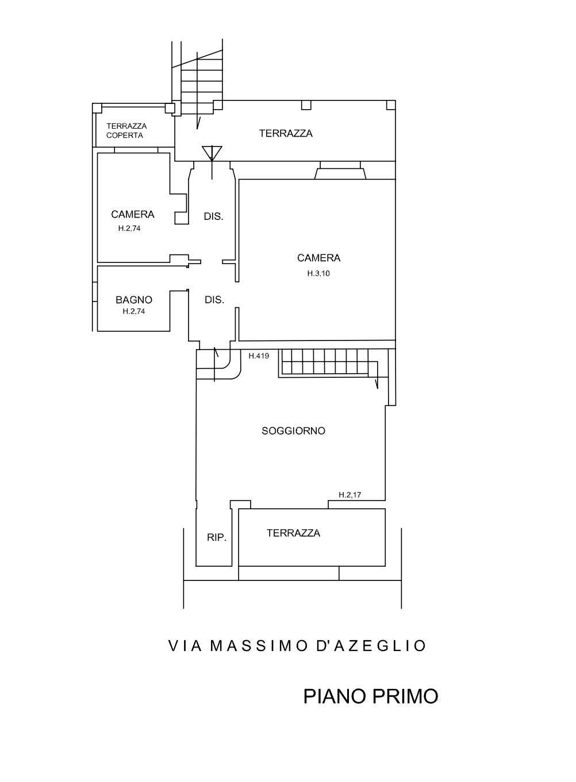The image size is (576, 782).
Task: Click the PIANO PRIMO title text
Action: [x=370, y=696]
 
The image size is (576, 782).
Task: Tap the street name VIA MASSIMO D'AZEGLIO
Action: [x=297, y=646]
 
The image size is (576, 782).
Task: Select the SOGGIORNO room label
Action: [x=293, y=431]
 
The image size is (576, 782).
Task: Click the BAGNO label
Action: [x=133, y=300]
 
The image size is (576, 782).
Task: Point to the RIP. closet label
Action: [x=217, y=538]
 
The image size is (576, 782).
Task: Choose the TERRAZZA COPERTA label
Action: [x=126, y=131]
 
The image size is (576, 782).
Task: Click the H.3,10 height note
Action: [x=318, y=274]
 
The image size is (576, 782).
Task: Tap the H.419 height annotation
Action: [x=259, y=356]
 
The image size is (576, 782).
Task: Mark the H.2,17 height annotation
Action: [x=350, y=494]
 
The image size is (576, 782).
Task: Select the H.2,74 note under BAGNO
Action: [x=133, y=312]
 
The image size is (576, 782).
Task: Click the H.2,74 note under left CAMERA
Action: [x=129, y=228]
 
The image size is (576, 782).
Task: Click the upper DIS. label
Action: [x=213, y=217]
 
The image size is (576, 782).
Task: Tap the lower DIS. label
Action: [x=214, y=300]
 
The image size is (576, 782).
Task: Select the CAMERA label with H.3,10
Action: [x=318, y=258]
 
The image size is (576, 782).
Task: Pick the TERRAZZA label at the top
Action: [x=286, y=133]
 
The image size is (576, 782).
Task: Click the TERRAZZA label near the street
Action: [x=293, y=533]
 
